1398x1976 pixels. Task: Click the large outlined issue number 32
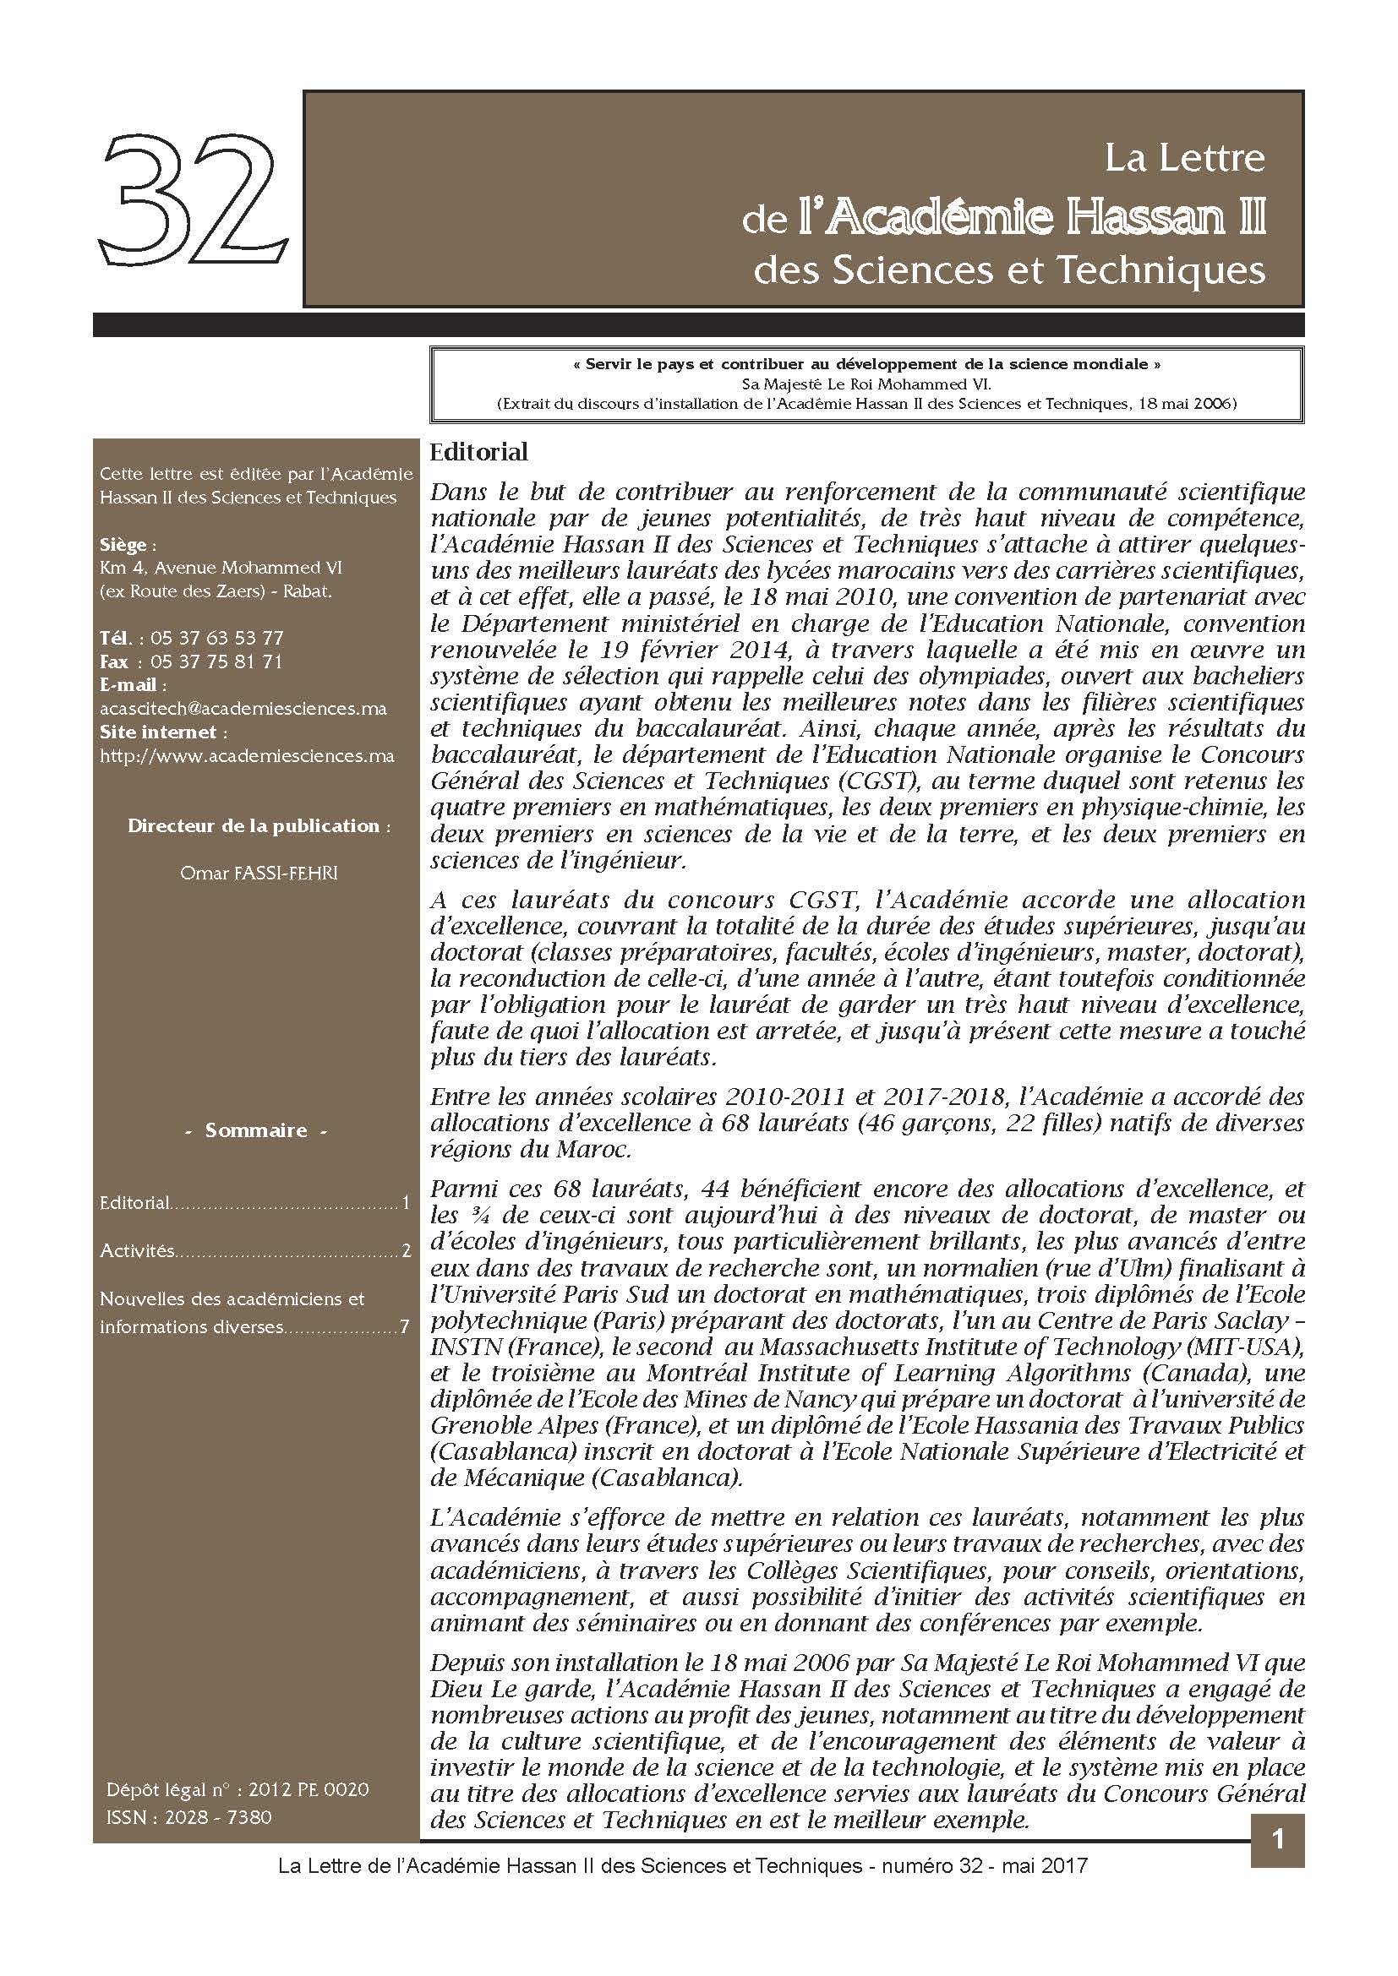pyautogui.click(x=193, y=204)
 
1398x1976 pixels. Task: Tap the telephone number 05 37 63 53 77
pyautogui.click(x=216, y=639)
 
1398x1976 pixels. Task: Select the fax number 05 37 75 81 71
pyautogui.click(x=216, y=661)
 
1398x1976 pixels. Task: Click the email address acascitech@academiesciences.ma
pyautogui.click(x=243, y=709)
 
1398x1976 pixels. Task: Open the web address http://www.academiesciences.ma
pyautogui.click(x=247, y=755)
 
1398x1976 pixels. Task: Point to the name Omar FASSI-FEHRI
pyautogui.click(x=259, y=874)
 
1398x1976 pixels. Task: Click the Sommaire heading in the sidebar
pyautogui.click(x=255, y=1130)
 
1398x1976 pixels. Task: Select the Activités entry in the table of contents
pyautogui.click(x=138, y=1250)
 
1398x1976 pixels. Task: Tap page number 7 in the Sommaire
pyautogui.click(x=404, y=1326)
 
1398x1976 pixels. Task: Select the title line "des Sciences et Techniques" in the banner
pyautogui.click(x=1009, y=271)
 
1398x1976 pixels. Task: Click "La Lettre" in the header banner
pyautogui.click(x=1184, y=158)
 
